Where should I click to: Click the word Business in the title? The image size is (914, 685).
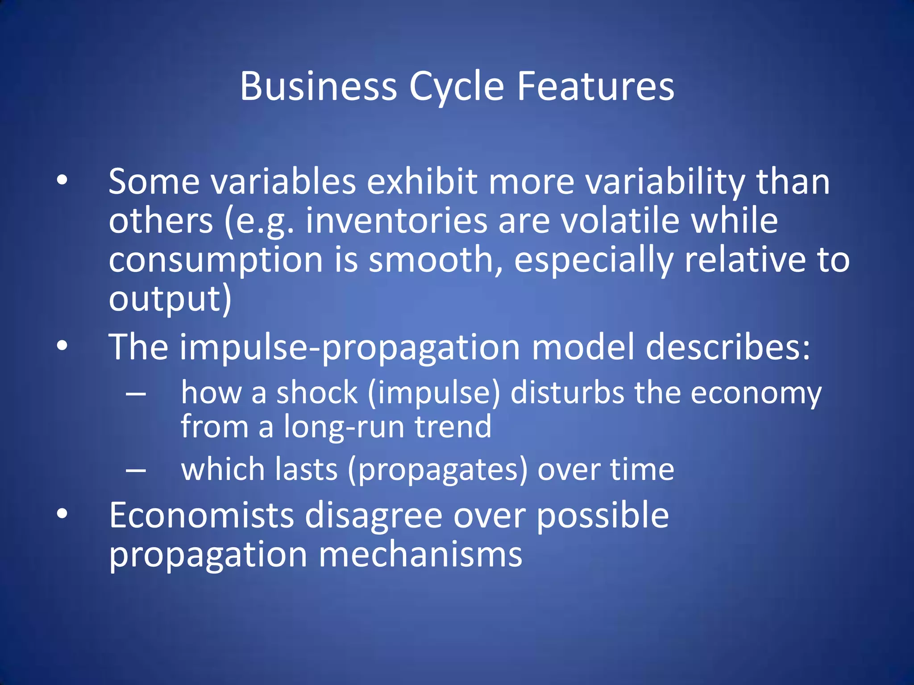[318, 86]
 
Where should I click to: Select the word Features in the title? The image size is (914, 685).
[596, 86]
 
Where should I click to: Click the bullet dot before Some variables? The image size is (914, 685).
[62, 180]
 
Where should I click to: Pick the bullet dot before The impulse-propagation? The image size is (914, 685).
[62, 346]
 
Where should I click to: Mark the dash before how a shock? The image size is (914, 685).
[136, 394]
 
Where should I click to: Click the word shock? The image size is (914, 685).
[317, 393]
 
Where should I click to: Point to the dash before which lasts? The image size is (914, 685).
[136, 470]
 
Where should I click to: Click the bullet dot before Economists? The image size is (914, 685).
[62, 514]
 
